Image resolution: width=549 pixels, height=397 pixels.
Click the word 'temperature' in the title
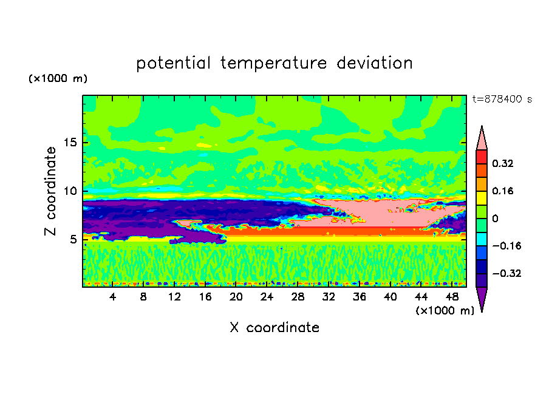click(274, 63)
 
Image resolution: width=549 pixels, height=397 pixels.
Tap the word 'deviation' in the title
click(375, 63)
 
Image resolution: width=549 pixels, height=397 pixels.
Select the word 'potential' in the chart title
click(174, 63)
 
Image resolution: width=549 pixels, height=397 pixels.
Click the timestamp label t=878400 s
click(502, 100)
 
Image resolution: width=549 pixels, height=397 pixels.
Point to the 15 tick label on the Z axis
click(70, 143)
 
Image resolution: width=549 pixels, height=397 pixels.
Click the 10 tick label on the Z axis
click(70, 191)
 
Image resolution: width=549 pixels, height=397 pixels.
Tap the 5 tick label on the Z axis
click(73, 239)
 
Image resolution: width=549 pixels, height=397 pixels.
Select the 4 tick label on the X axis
click(112, 297)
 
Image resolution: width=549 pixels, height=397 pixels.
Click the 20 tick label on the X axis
click(236, 297)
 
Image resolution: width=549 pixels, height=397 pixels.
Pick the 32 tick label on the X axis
click(329, 297)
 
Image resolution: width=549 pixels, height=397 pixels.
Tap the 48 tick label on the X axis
click(452, 297)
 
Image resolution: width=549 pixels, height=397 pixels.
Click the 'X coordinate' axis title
click(274, 328)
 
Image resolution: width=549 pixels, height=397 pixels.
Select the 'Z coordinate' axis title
click(50, 191)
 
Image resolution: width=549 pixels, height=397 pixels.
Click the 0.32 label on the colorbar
click(503, 163)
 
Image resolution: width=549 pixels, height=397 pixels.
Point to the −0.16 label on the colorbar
click(506, 246)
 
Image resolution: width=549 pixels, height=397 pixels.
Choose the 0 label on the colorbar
click(495, 219)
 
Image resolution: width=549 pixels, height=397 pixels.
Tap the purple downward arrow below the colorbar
click(482, 297)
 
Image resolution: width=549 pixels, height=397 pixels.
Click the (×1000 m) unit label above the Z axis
click(58, 78)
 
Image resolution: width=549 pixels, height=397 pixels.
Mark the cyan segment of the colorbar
click(482, 239)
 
